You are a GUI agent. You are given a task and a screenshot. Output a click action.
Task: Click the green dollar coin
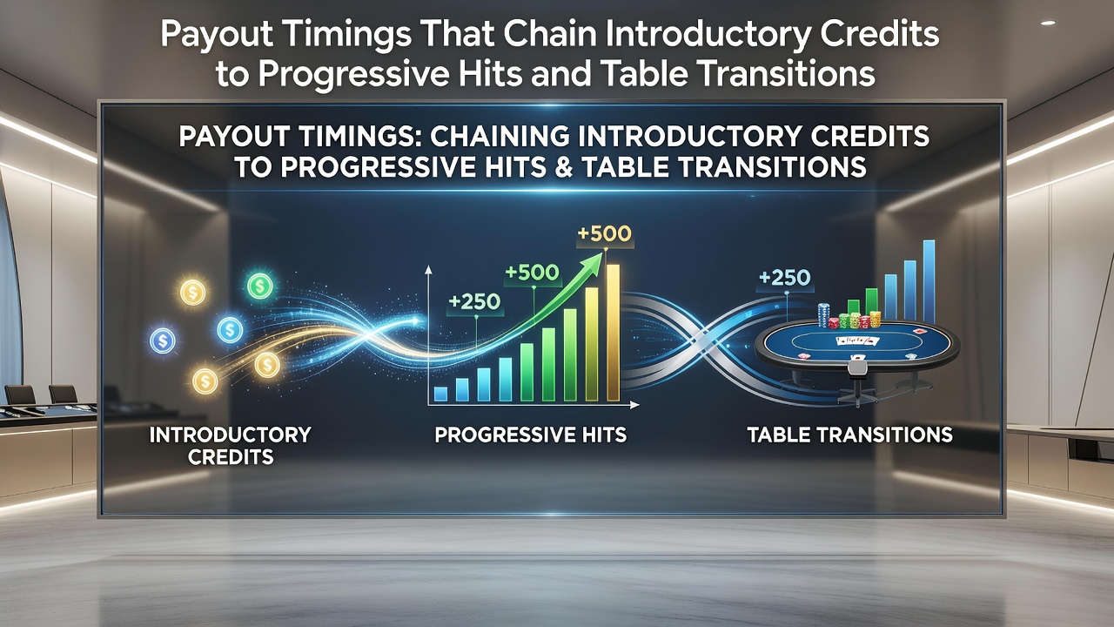[x=259, y=287]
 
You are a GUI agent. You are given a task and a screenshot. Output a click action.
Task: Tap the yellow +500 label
[x=605, y=234]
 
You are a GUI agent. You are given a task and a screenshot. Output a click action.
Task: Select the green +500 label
[x=532, y=273]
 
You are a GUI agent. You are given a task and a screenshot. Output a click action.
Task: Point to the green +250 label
[x=474, y=301]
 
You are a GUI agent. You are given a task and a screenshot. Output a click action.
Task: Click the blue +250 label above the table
[x=785, y=278]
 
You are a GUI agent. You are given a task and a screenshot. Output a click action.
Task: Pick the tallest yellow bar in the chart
[x=614, y=333]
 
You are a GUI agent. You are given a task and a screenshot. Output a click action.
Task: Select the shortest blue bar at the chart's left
[x=440, y=394]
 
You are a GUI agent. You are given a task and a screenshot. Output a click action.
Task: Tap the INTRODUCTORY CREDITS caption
[x=231, y=446]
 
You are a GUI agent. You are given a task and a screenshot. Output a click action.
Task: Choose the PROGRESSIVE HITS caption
[x=531, y=435]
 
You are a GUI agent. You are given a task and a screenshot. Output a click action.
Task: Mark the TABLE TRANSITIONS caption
[x=850, y=435]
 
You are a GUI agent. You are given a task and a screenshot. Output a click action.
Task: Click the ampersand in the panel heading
[x=562, y=166]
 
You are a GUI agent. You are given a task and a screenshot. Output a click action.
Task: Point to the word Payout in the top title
[x=217, y=35]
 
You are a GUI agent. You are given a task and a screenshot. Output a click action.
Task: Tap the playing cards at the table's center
[x=857, y=341]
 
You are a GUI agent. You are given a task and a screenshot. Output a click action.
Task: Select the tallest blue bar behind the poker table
[x=929, y=281]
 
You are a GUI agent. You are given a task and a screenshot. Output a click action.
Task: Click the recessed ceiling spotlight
[x=1048, y=23]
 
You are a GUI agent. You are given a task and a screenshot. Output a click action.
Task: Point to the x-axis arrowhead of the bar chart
[x=634, y=405]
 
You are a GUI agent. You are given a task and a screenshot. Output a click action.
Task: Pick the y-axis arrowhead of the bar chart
[x=428, y=271]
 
